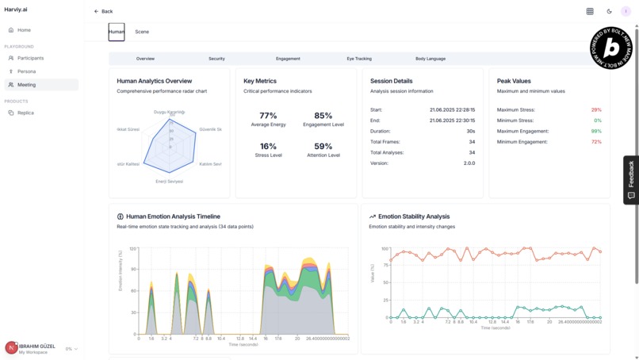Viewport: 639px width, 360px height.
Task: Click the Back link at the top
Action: coord(103,11)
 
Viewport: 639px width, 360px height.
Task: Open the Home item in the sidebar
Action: coord(24,30)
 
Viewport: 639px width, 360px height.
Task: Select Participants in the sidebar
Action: coord(30,58)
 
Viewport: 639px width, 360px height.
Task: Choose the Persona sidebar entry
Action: coord(26,71)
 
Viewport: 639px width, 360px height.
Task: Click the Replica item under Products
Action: coord(25,113)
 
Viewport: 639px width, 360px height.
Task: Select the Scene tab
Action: coord(142,32)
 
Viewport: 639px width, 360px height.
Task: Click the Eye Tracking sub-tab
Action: coord(358,59)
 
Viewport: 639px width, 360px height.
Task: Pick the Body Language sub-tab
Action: coord(430,59)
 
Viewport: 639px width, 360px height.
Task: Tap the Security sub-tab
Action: coord(216,59)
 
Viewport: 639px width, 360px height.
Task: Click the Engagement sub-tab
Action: coord(288,59)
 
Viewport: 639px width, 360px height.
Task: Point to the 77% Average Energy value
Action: coord(268,116)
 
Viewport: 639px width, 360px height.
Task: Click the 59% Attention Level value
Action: coord(323,147)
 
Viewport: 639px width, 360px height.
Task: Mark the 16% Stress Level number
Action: coord(268,147)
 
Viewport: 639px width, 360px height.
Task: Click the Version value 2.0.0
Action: coord(469,163)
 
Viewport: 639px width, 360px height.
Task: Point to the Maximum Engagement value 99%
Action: coord(596,131)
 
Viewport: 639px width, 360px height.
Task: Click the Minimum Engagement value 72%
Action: coord(596,142)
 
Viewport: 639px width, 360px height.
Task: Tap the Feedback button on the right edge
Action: coord(631,180)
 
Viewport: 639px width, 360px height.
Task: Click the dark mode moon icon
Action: coord(609,11)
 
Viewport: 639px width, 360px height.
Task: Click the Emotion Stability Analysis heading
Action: coord(413,216)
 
